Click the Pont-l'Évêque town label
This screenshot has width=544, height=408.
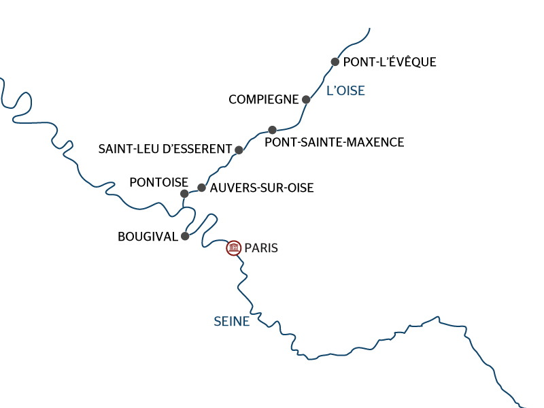pos(390,62)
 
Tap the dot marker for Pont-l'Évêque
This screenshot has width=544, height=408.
pos(335,62)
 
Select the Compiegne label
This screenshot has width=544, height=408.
pos(263,99)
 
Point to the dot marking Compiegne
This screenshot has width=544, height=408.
pos(306,99)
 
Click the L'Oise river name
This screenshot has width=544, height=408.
pos(345,90)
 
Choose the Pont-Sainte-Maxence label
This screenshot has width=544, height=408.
pos(334,142)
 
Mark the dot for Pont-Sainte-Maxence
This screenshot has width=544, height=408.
pos(272,129)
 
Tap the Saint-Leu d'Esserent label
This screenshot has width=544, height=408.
pos(164,149)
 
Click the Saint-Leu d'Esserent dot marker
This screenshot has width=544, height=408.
pos(239,150)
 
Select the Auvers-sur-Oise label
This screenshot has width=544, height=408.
pos(262,188)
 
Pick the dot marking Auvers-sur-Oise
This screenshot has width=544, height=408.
pos(201,188)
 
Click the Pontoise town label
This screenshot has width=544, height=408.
pos(158,182)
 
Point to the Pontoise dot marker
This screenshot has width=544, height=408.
pos(184,194)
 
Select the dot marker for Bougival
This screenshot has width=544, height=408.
pos(184,237)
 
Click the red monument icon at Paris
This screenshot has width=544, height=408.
pos(234,248)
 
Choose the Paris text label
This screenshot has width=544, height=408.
pos(261,248)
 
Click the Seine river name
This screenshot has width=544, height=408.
pos(231,322)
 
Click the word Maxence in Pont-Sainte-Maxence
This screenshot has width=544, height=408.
pos(374,142)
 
